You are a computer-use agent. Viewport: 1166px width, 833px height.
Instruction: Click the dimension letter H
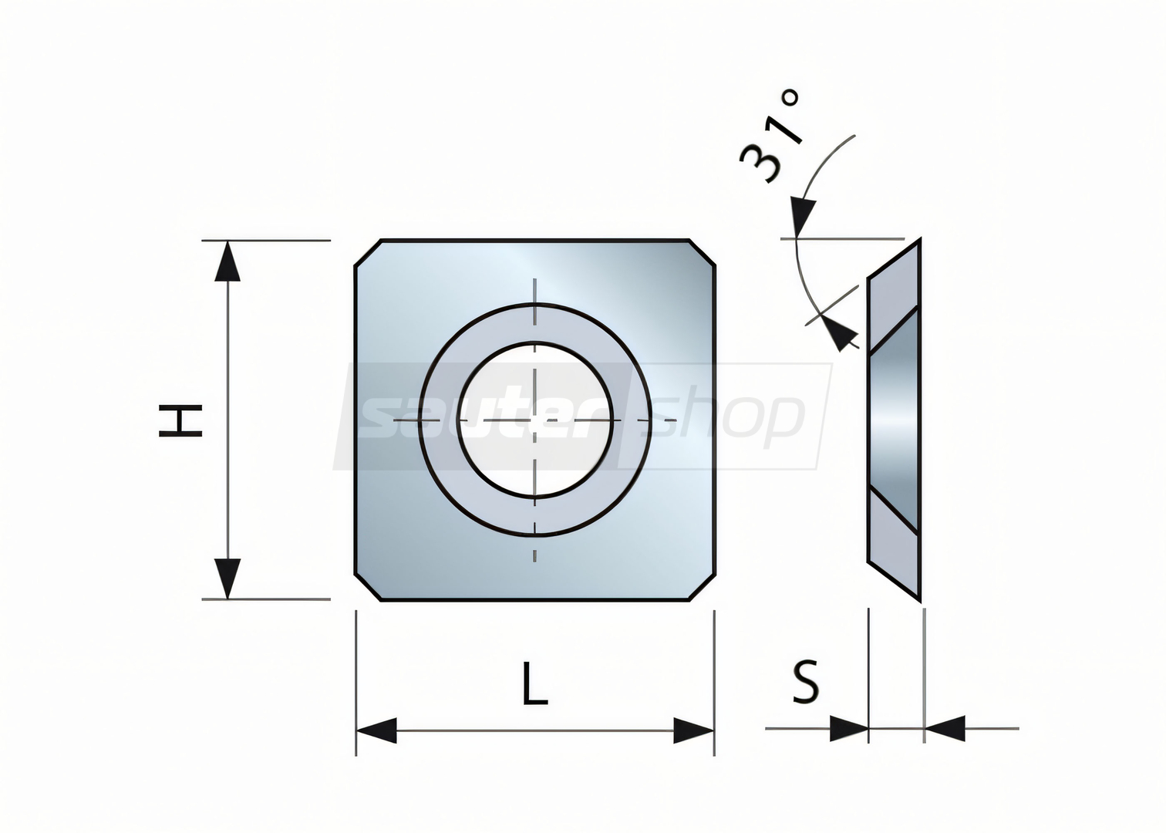click(180, 421)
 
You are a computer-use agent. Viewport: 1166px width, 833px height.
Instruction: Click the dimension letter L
click(535, 683)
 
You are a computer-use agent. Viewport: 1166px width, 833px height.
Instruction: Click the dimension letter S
click(805, 681)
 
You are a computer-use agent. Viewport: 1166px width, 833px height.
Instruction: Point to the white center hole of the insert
click(535, 420)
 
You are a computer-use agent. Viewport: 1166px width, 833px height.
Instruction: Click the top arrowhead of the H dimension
click(227, 261)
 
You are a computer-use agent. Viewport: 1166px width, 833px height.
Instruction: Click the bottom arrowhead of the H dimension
click(227, 579)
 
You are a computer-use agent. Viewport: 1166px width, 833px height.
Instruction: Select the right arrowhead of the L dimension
click(693, 730)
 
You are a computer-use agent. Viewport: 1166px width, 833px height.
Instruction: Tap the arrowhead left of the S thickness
click(849, 729)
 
